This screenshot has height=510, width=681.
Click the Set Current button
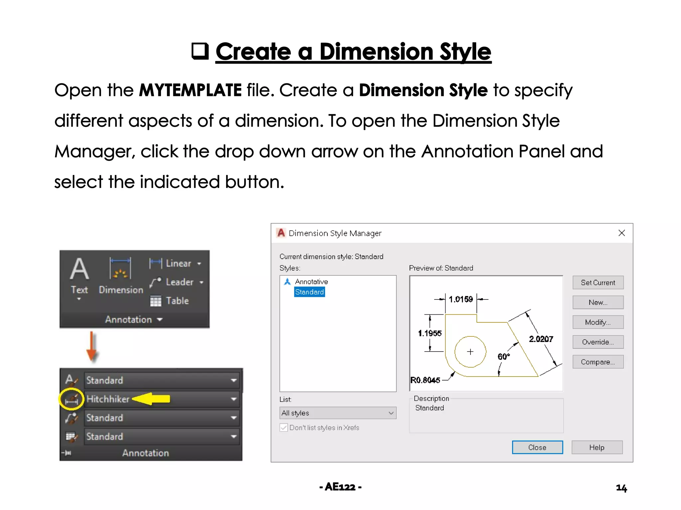[x=598, y=283]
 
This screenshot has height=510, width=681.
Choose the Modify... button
[x=598, y=322]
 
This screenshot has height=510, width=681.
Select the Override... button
[x=598, y=342]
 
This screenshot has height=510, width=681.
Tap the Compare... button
[x=598, y=362]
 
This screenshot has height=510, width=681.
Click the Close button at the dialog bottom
[x=537, y=447]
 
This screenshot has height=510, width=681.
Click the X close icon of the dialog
[x=621, y=233]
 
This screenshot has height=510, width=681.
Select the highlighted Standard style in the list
[x=309, y=292]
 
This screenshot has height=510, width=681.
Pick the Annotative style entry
[x=311, y=282]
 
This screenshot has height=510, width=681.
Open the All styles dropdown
[x=338, y=413]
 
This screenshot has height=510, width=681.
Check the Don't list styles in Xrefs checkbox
[x=284, y=428]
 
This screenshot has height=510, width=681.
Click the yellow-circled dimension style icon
[x=71, y=398]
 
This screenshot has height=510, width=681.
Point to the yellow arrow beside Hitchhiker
[x=151, y=398]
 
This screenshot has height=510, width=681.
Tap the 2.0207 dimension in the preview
[x=541, y=339]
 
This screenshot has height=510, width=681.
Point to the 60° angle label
[x=503, y=357]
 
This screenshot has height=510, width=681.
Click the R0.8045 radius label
[x=425, y=380]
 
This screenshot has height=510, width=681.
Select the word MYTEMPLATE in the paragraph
[x=190, y=90]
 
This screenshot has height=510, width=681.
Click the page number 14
[x=621, y=487]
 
